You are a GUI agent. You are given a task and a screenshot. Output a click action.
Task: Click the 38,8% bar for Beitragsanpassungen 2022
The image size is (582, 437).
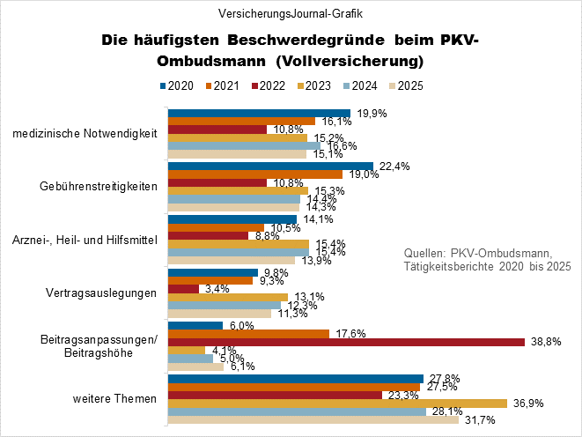tap(346, 342)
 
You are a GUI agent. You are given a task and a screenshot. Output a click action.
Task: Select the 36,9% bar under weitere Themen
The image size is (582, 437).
tap(337, 403)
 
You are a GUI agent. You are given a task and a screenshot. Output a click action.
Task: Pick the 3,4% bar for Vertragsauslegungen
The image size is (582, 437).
tap(183, 288)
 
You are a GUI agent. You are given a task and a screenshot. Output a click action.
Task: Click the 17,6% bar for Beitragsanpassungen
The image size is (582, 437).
tap(248, 333)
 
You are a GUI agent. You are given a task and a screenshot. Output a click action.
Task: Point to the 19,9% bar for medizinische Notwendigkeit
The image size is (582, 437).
tap(259, 113)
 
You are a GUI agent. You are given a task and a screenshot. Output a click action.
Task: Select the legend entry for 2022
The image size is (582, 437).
tap(269, 85)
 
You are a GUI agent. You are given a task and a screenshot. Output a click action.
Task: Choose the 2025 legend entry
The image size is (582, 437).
tap(409, 85)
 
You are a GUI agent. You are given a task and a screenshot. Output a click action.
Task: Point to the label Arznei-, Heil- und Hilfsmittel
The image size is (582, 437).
tap(92, 240)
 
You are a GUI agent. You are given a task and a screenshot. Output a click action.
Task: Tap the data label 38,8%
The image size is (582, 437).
tap(544, 342)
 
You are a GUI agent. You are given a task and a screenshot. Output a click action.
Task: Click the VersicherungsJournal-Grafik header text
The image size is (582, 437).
tap(291, 13)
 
